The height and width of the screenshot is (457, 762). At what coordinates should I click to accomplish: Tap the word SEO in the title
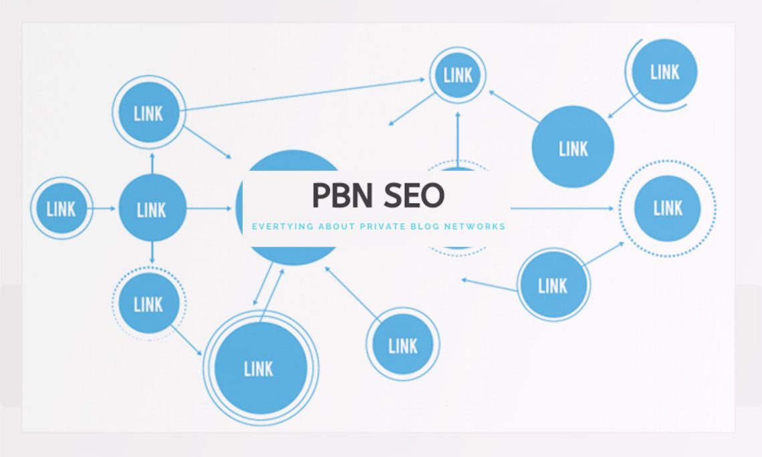pos(414,195)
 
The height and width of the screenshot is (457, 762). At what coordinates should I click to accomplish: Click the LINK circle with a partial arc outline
pos(664,72)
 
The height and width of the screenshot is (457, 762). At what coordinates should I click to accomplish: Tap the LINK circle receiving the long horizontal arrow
pos(667,208)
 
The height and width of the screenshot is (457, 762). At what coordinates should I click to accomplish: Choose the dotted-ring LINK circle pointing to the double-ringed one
pos(148,304)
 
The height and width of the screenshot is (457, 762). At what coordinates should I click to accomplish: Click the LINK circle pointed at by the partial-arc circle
pos(573,148)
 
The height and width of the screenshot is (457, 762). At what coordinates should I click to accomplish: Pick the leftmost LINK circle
pos(61,208)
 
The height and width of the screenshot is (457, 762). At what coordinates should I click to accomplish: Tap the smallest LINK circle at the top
pos(458,75)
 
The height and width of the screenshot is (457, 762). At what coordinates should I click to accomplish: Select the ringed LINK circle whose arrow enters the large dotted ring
pos(553,285)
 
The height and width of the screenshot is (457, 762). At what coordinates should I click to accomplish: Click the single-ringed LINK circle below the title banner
pos(402,345)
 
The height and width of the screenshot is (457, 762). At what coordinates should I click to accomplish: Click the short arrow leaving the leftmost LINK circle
pos(103,208)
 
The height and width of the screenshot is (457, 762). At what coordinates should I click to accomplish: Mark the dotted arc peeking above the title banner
pos(459,164)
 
